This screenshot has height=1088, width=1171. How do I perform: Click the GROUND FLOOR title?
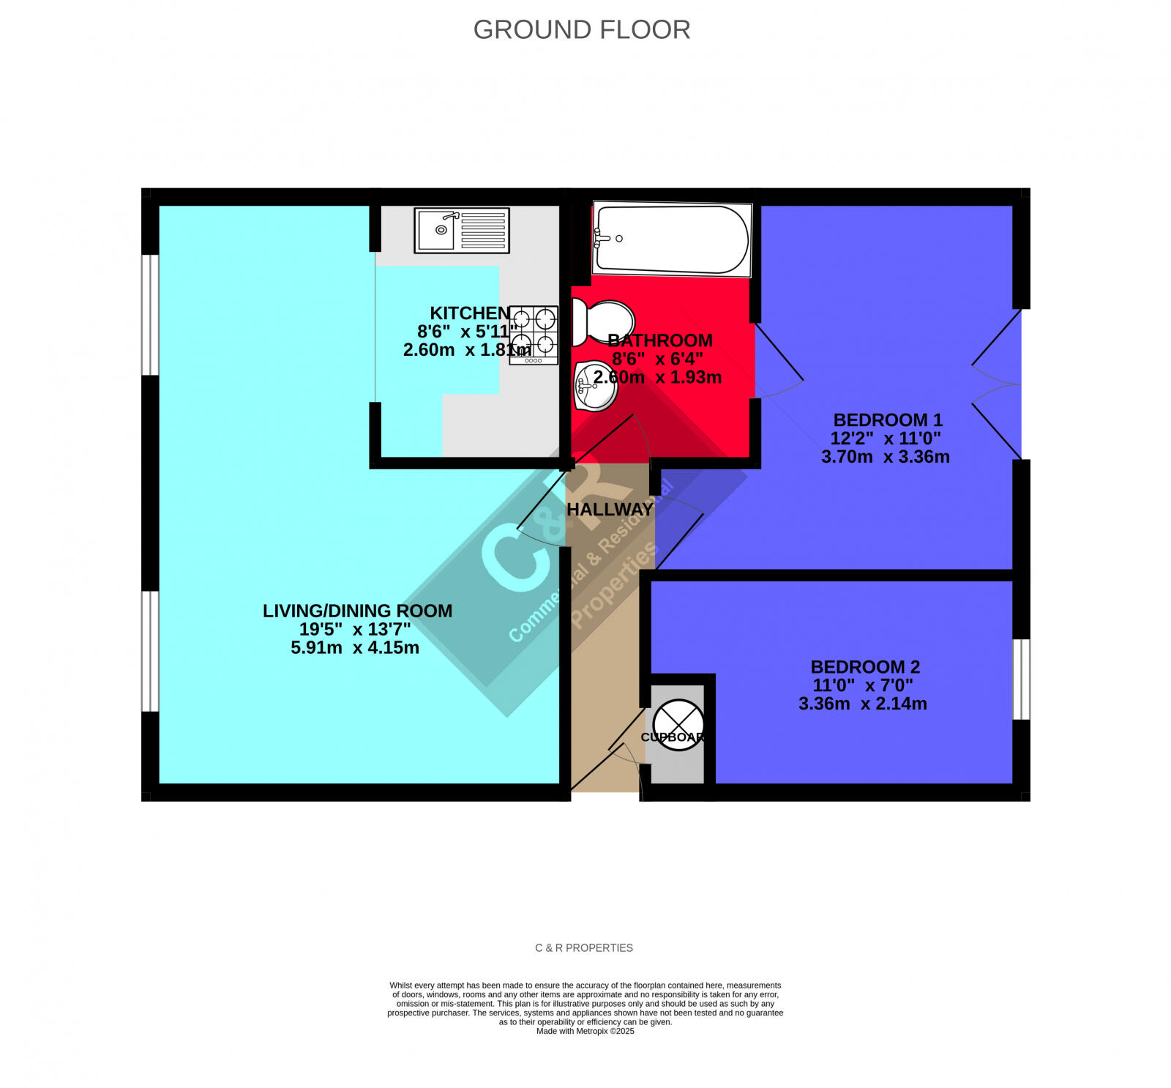click(x=582, y=30)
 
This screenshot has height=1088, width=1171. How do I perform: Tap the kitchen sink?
click(x=462, y=231)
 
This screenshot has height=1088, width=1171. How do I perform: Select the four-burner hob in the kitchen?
click(x=534, y=335)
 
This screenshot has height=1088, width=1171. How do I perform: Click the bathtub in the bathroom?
click(x=672, y=239)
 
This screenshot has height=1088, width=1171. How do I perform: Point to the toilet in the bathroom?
click(x=602, y=323)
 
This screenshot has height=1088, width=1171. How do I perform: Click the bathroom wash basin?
click(x=596, y=385)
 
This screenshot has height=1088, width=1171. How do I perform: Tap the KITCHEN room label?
click(x=470, y=313)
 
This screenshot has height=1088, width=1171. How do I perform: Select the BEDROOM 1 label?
click(x=888, y=420)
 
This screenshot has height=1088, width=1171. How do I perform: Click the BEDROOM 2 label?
click(x=865, y=667)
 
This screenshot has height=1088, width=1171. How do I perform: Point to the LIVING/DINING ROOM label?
click(x=357, y=611)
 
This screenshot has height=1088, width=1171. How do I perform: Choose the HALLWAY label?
click(x=610, y=510)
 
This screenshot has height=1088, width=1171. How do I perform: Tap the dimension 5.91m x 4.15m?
click(x=355, y=648)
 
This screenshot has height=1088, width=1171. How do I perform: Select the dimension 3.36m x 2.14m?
click(x=862, y=704)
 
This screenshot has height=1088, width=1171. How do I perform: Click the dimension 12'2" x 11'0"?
click(x=886, y=439)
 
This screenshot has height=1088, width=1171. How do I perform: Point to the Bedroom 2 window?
click(x=1022, y=679)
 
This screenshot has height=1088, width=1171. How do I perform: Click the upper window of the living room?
click(x=150, y=315)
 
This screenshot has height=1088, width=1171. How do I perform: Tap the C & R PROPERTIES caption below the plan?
click(x=584, y=948)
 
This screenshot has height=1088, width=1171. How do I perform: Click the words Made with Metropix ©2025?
click(x=585, y=1032)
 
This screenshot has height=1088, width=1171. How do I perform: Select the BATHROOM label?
click(x=660, y=340)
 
